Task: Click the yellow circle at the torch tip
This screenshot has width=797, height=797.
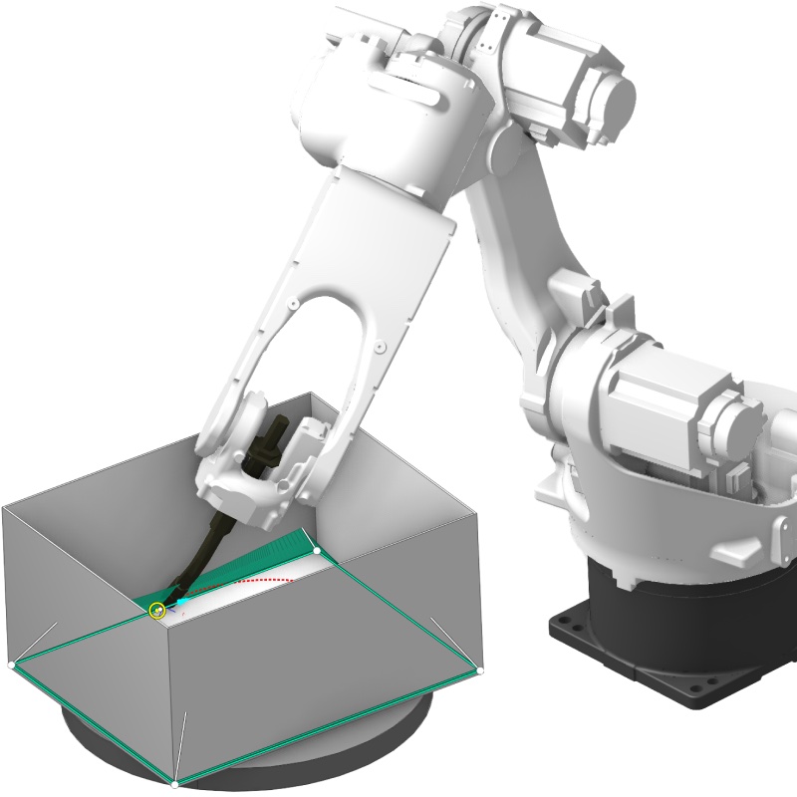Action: (156, 610)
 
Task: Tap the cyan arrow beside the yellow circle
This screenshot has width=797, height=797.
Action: (181, 602)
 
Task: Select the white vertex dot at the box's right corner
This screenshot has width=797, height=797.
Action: (479, 670)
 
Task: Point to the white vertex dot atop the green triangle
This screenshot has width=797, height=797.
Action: (317, 550)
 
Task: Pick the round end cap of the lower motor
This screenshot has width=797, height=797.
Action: (741, 423)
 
